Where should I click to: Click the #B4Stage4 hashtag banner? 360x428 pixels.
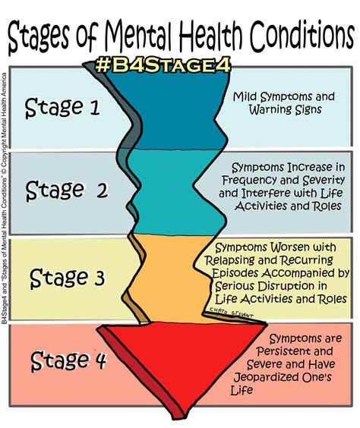pos(163,65)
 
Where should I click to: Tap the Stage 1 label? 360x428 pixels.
pos(62,107)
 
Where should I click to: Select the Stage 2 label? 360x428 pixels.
pos(67,190)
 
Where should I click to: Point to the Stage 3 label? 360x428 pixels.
pos(67,278)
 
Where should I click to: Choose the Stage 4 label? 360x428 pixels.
pos(68,361)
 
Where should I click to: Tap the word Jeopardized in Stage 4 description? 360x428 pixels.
pos(266,377)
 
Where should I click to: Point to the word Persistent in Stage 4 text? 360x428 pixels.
pos(283,351)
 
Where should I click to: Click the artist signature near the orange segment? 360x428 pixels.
pos(232,312)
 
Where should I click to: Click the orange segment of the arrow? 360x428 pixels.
pos(169,279)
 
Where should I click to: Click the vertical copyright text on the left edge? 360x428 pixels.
pos(4,198)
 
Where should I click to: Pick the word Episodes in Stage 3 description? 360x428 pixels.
pos(235,273)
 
